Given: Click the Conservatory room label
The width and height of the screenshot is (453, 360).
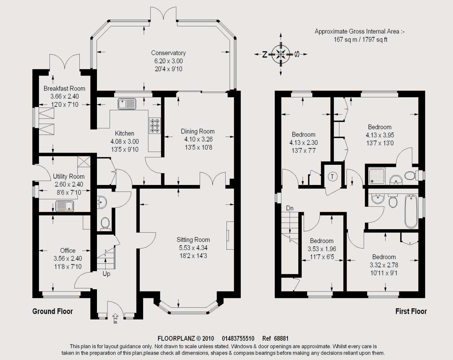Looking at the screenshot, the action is pyautogui.click(x=169, y=53).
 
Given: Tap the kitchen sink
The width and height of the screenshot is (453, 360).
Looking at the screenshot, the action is pyautogui.click(x=127, y=104).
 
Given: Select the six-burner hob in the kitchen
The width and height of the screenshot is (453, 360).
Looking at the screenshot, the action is pyautogui.click(x=155, y=126).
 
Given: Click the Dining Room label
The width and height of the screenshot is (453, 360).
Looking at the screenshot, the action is pyautogui.click(x=198, y=131).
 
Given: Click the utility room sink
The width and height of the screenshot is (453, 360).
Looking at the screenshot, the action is pyautogui.click(x=65, y=206).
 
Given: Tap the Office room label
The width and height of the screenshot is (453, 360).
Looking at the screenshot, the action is pyautogui.click(x=68, y=250).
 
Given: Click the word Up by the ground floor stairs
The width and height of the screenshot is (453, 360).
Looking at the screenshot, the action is pyautogui.click(x=106, y=274).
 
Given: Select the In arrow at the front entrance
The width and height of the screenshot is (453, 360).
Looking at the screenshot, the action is pyautogui.click(x=115, y=316).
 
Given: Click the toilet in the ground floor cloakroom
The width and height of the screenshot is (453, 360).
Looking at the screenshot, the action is pyautogui.click(x=105, y=224).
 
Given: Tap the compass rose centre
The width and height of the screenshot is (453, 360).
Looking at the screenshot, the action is pyautogui.click(x=281, y=54).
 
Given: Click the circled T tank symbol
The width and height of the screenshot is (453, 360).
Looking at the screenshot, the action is pyautogui.click(x=333, y=177).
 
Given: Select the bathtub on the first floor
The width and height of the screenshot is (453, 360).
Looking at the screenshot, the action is pyautogui.click(x=411, y=211).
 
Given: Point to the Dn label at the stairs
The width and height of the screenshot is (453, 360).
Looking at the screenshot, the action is pyautogui.click(x=290, y=208).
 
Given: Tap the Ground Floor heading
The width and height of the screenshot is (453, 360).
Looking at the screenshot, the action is pyautogui.click(x=53, y=311).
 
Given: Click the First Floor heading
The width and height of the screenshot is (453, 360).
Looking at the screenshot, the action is pyautogui.click(x=411, y=311).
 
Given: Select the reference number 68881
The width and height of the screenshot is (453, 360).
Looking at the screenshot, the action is pyautogui.click(x=281, y=339).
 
